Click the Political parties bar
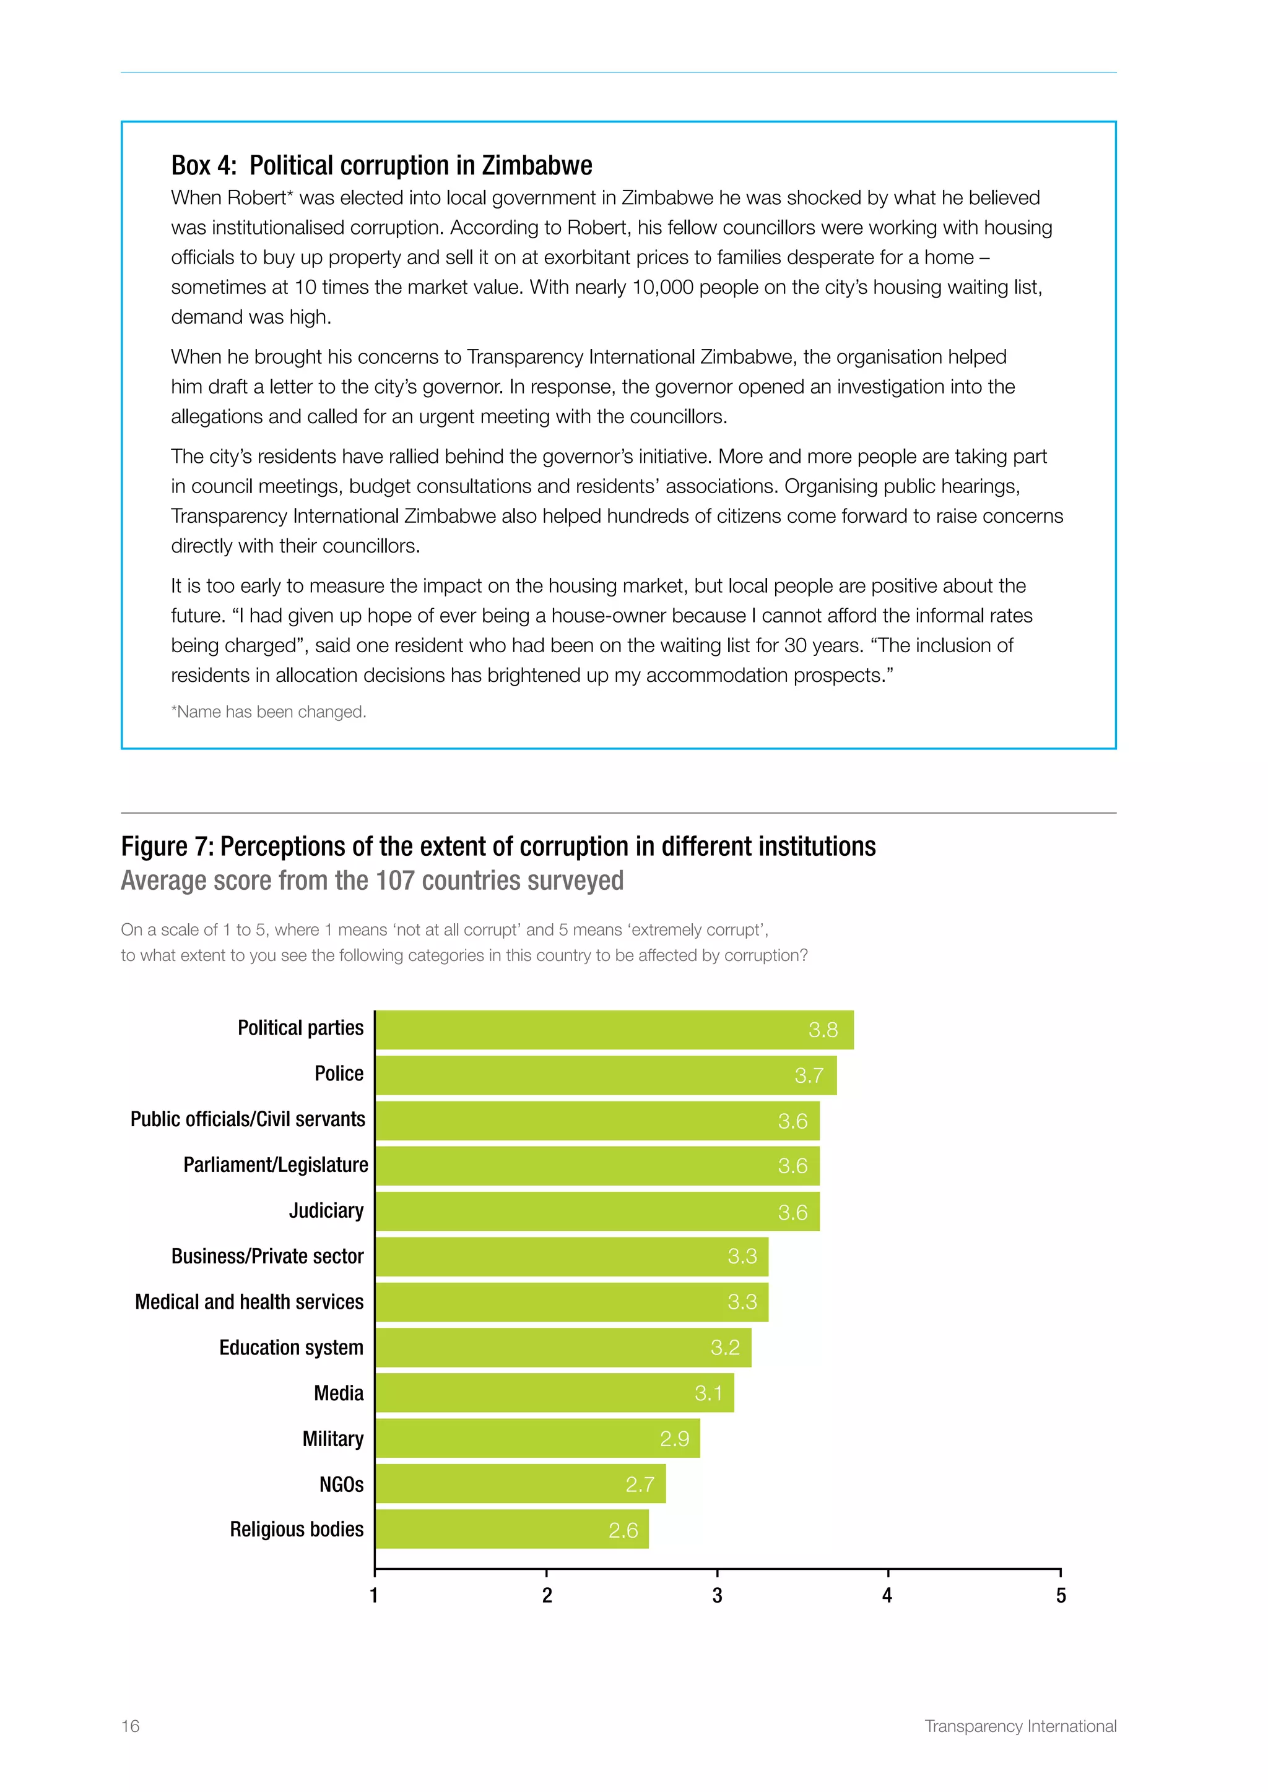614,1030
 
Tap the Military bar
537,1439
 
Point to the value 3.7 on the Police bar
809,1075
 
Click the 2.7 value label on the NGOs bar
640,1484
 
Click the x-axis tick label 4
887,1596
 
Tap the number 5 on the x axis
1061,1596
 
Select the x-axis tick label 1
374,1596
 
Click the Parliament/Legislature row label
275,1165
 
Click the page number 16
131,1726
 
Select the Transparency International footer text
1020,1726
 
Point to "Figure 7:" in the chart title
167,847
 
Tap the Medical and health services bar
571,1302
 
